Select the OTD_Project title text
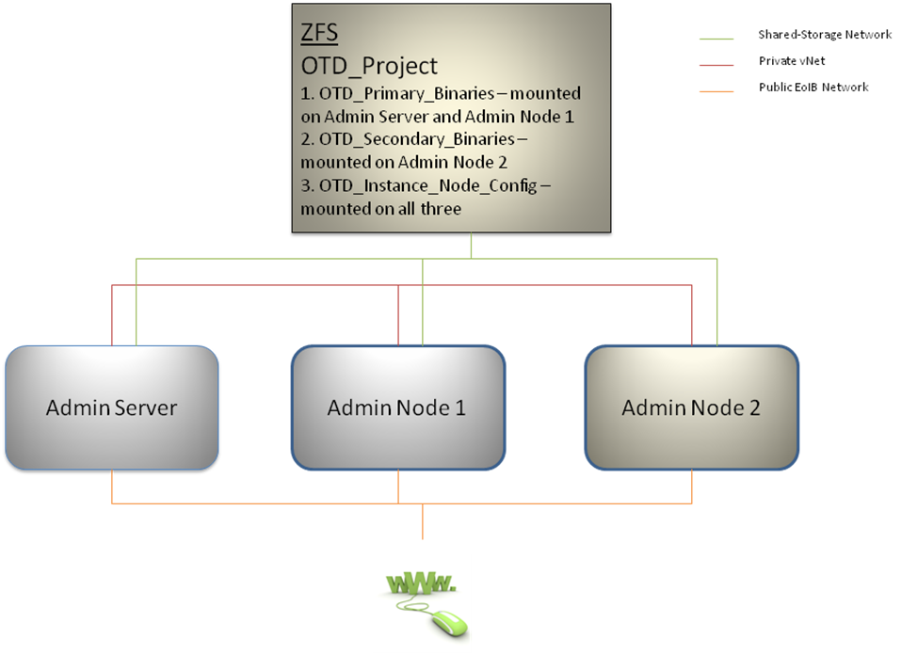click(369, 66)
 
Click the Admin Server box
click(112, 407)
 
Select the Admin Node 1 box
click(396, 407)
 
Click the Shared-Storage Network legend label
click(825, 35)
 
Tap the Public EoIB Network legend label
click(813, 87)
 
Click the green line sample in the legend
click(717, 40)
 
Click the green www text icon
click(421, 583)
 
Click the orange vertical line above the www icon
click(422, 521)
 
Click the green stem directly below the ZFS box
click(471, 245)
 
